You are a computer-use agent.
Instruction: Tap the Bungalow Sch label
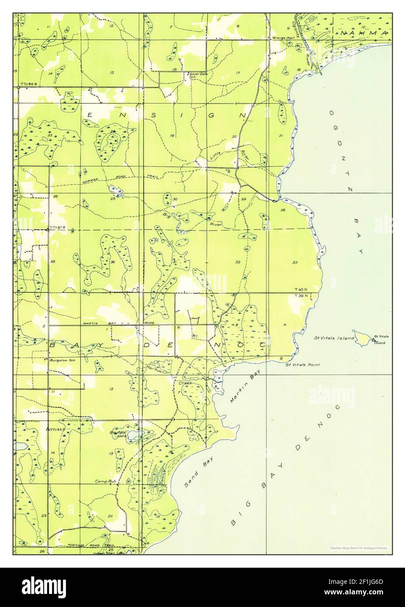tap(60, 361)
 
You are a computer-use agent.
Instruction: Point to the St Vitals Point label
tap(302, 364)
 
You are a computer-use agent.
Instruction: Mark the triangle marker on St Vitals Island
tap(374, 339)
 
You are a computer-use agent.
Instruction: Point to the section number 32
tap(238, 262)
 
